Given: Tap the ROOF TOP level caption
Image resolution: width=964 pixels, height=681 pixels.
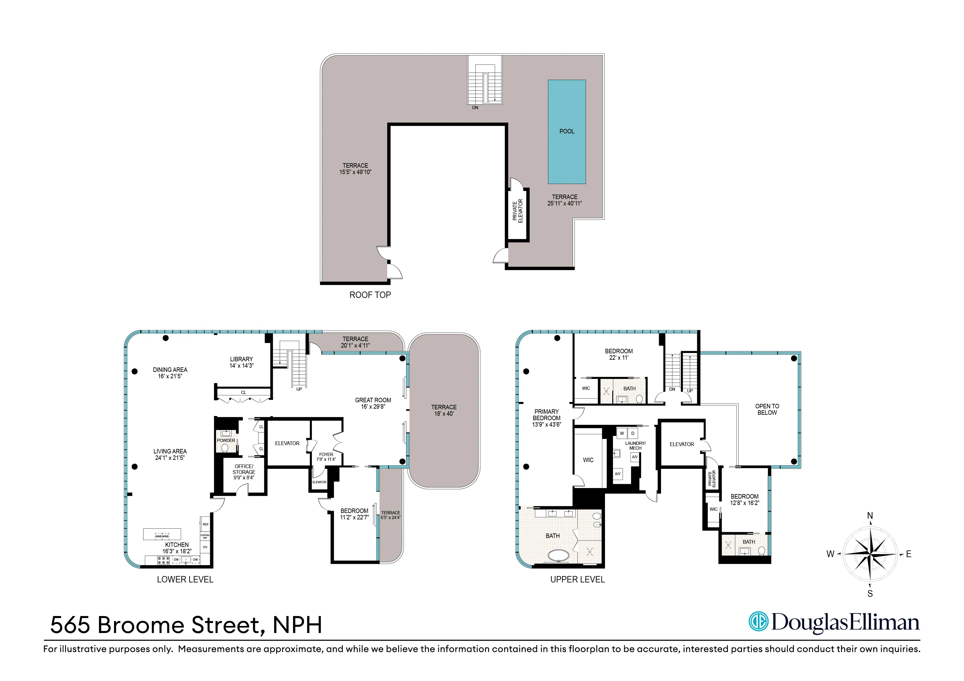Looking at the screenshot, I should coord(370,295).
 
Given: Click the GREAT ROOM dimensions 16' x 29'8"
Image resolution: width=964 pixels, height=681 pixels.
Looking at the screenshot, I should coord(373,407).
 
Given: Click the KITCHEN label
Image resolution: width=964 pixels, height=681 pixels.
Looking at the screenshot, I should coord(177,545).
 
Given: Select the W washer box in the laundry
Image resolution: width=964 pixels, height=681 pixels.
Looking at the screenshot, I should coord(622,433).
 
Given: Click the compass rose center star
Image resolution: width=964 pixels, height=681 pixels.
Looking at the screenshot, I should coord(870,554).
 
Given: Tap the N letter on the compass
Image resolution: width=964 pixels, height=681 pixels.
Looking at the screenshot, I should coord(870,516).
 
